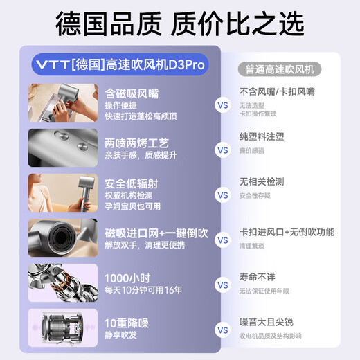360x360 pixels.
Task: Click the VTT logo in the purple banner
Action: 49,64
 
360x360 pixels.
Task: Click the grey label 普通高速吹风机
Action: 279,69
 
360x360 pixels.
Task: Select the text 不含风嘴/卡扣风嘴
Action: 277,91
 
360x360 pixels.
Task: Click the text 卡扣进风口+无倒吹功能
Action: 287,232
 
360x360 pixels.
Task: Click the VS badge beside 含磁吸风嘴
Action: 222,106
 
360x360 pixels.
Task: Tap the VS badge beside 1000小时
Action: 222,285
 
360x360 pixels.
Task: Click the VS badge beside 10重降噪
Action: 222,330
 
